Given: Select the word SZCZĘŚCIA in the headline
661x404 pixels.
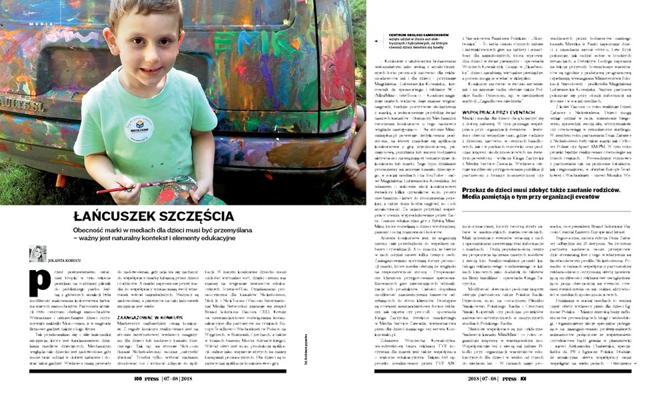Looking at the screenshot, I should [197, 217].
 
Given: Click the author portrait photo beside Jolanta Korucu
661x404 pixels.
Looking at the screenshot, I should [37, 254].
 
